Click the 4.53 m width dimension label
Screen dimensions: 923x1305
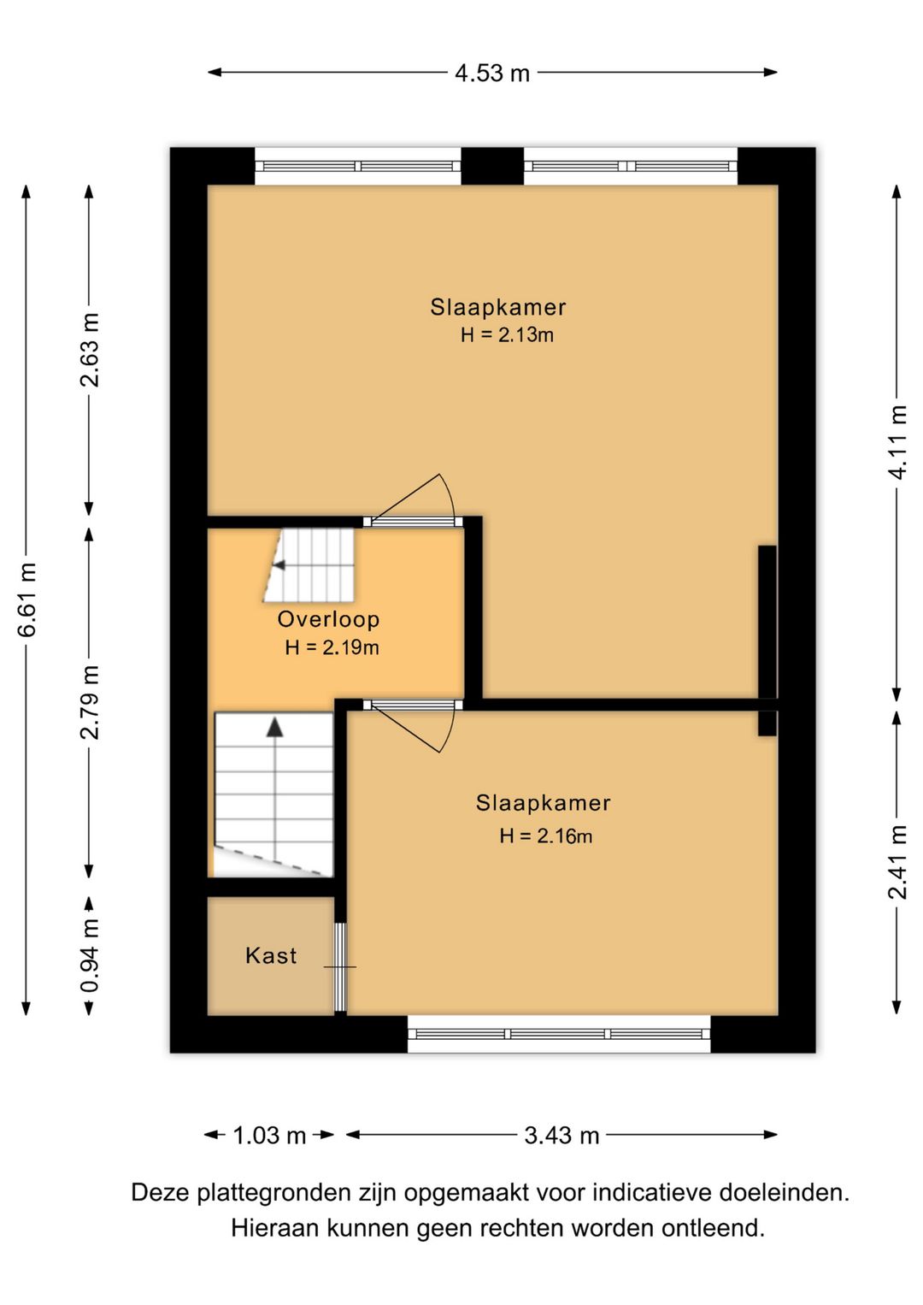tap(492, 74)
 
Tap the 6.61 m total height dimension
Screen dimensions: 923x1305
tap(27, 599)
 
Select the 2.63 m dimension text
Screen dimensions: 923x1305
tap(90, 350)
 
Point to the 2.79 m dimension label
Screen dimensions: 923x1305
tap(90, 702)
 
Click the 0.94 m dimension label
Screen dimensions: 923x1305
tap(90, 955)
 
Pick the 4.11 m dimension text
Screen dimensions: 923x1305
tap(897, 443)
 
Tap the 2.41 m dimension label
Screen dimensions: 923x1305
tap(897, 863)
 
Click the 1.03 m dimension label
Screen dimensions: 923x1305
tap(269, 1136)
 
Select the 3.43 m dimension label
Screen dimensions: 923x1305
tap(561, 1136)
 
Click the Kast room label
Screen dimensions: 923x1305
tap(271, 955)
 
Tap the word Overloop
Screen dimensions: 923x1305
tap(328, 618)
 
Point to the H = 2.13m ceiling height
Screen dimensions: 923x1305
tap(507, 335)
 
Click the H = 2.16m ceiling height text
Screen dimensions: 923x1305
tap(545, 836)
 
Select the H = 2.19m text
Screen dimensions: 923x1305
tap(332, 647)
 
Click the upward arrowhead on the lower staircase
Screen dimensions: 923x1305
tap(274, 728)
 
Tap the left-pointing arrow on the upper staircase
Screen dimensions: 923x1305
tap(279, 565)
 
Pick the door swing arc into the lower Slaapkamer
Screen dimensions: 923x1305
tap(447, 730)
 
